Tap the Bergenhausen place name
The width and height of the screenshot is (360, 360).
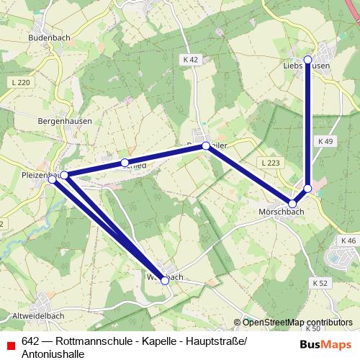tap(65, 122)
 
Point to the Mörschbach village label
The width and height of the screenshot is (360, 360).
tap(281, 212)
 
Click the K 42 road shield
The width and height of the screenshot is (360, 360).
tap(190, 60)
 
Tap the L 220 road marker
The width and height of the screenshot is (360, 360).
tap(22, 83)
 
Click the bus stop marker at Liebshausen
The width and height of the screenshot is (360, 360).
tap(307, 59)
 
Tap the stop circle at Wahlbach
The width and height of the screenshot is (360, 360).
tap(165, 280)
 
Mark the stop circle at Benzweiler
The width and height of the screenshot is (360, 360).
tap(206, 146)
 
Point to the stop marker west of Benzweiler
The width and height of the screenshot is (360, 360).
tap(125, 163)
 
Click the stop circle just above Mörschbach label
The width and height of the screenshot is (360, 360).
tap(292, 204)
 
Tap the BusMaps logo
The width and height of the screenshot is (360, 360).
tap(325, 343)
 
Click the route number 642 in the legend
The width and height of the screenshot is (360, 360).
tap(30, 341)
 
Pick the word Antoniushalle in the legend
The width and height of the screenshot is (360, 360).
tap(54, 354)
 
